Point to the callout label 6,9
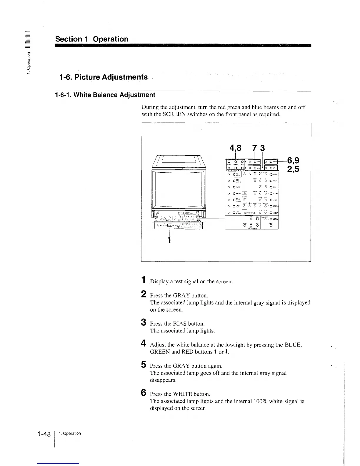point(293,161)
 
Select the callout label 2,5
point(293,170)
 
